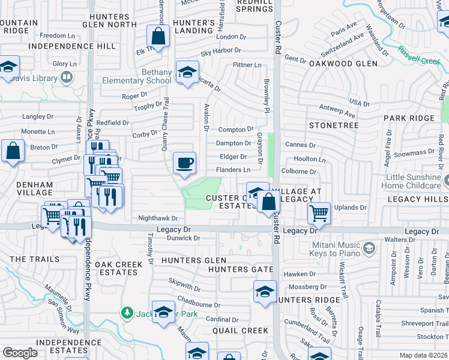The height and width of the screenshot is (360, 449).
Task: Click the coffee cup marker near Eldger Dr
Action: [184, 162]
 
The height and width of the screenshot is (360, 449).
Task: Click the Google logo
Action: [20, 353]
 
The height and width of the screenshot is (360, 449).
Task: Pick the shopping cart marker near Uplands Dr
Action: [319, 212]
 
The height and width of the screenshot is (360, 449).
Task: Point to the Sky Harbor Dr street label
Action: [220, 52]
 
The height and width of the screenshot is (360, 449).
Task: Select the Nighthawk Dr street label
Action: [158, 219]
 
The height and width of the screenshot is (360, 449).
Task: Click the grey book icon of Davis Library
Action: [67, 77]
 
